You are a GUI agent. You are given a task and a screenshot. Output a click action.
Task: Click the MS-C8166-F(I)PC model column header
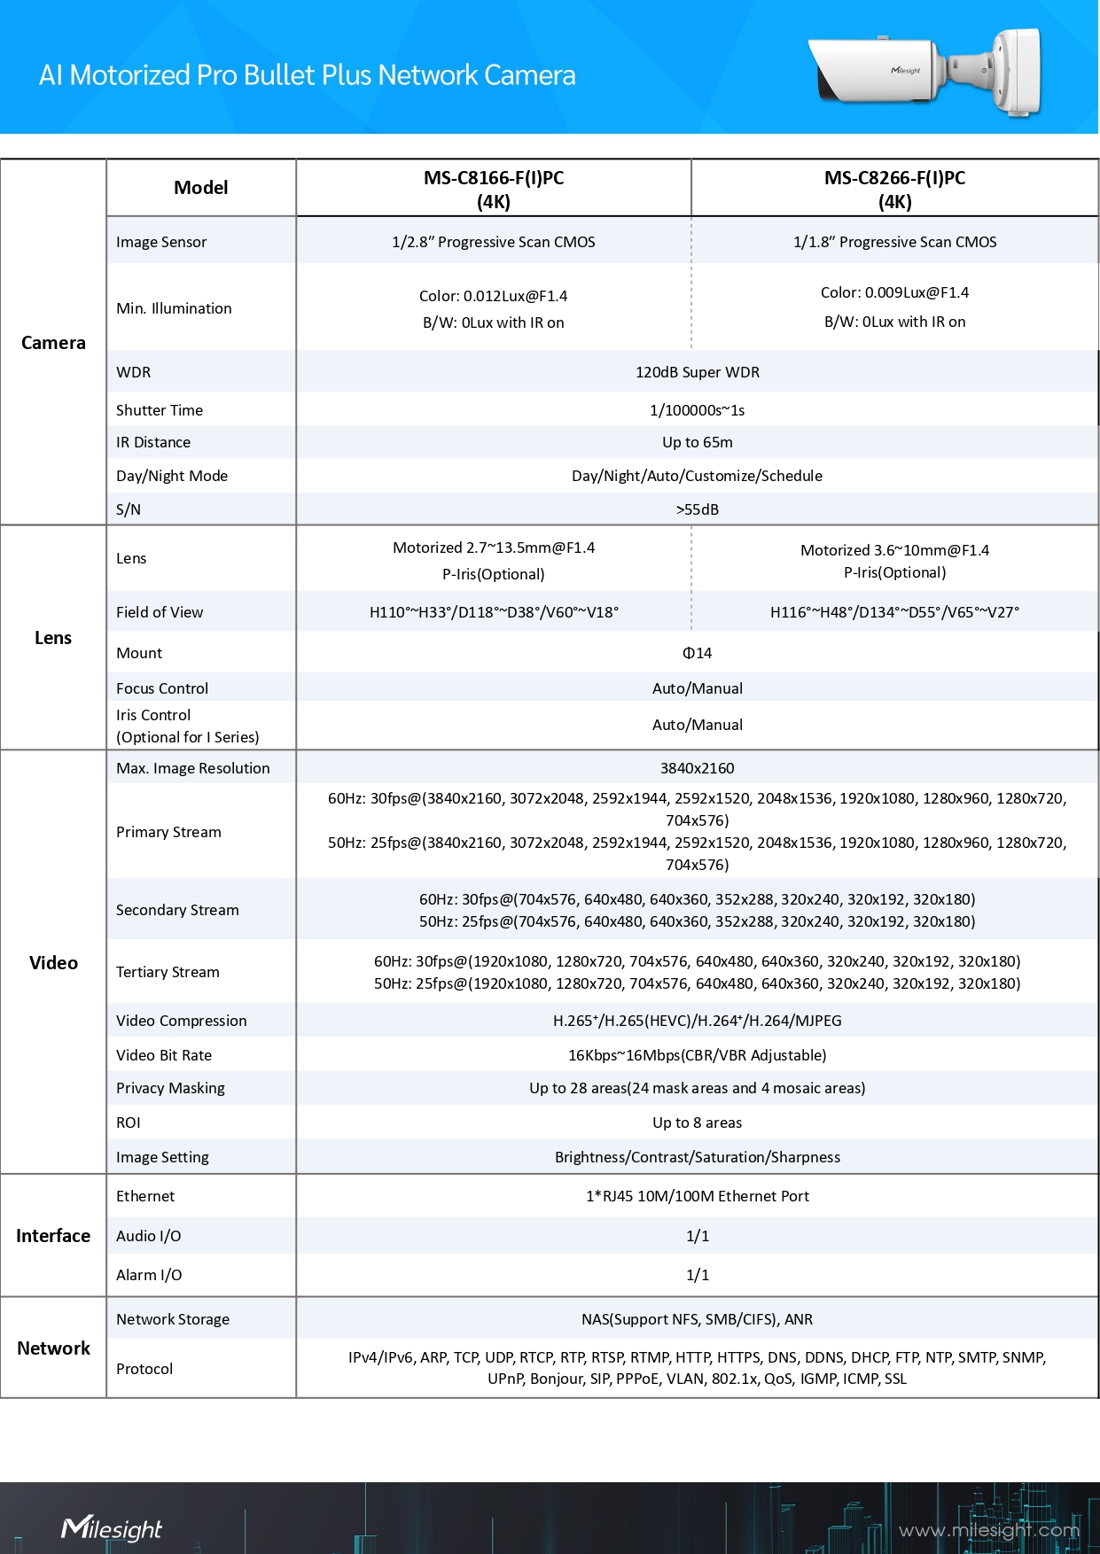[x=493, y=189]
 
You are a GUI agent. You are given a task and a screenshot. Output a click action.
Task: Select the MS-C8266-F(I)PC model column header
[x=894, y=189]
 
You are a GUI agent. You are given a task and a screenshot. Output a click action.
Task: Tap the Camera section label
[x=53, y=343]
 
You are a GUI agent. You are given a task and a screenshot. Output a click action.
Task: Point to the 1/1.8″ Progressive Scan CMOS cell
[x=894, y=242]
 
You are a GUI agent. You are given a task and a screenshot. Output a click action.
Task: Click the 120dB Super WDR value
[x=697, y=372]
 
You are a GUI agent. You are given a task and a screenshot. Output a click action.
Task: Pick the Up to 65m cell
[x=697, y=442]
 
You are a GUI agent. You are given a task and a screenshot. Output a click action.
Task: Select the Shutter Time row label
[x=160, y=410]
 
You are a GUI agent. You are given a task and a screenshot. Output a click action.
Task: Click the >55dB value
[x=697, y=509]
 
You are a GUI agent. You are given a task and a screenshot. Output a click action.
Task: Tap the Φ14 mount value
[x=697, y=653]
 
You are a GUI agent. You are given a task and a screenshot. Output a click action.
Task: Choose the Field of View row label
[x=160, y=612]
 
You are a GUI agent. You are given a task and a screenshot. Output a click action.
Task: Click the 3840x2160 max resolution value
[x=697, y=768]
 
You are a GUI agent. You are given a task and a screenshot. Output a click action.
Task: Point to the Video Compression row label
[x=182, y=1021]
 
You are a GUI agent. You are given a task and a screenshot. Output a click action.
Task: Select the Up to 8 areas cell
[x=697, y=1123]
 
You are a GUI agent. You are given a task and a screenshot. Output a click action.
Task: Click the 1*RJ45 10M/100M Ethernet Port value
[x=697, y=1196]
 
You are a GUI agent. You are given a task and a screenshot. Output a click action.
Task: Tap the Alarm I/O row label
[x=149, y=1275]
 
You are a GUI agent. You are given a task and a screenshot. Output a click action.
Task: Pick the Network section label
[x=53, y=1348]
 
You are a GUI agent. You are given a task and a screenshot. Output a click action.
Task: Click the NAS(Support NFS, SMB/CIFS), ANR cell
[x=697, y=1319]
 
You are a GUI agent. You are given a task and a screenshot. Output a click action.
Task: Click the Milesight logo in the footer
[x=112, y=1528]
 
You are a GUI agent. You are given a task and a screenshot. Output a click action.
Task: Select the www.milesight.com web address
[x=988, y=1530]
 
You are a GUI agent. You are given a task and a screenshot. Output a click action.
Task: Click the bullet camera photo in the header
[x=926, y=71]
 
